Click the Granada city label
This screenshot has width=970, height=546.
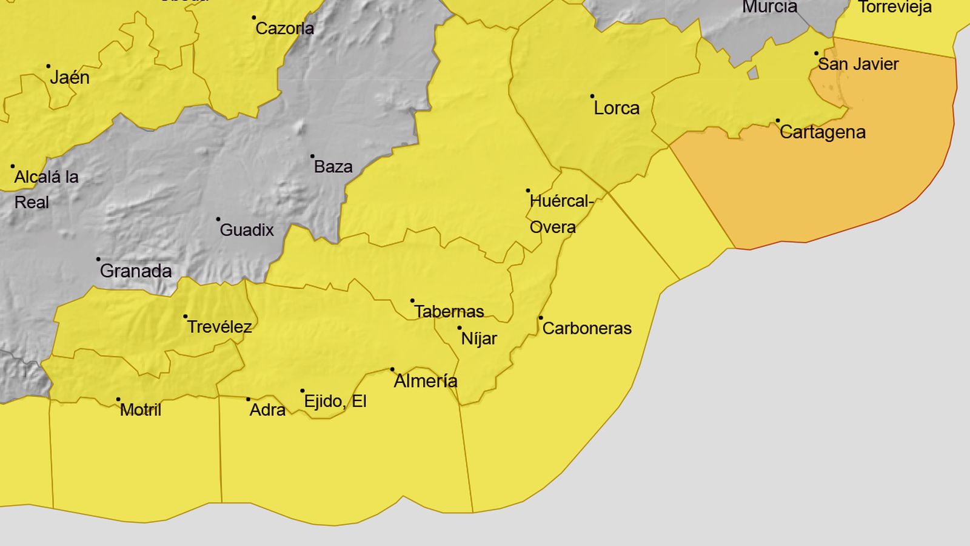(136, 271)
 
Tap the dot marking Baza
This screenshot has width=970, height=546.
(312, 157)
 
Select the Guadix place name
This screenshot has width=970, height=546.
(247, 230)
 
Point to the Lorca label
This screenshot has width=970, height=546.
(617, 108)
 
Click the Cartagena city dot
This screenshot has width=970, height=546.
(778, 121)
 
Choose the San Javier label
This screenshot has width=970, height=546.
(858, 64)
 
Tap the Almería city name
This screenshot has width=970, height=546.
(426, 381)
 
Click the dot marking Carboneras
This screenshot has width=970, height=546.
(541, 318)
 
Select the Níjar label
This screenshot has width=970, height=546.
(479, 339)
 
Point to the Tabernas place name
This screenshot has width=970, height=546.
(449, 312)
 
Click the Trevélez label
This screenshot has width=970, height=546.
(219, 327)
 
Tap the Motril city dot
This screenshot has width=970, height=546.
(118, 400)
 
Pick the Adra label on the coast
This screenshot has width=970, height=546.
(267, 410)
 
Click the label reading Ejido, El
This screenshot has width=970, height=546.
(335, 401)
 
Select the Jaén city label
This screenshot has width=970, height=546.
(70, 78)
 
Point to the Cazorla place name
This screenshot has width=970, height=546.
(285, 29)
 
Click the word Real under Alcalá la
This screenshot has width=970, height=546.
(32, 203)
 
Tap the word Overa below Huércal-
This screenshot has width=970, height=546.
(553, 227)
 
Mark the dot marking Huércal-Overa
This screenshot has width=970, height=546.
(528, 191)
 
